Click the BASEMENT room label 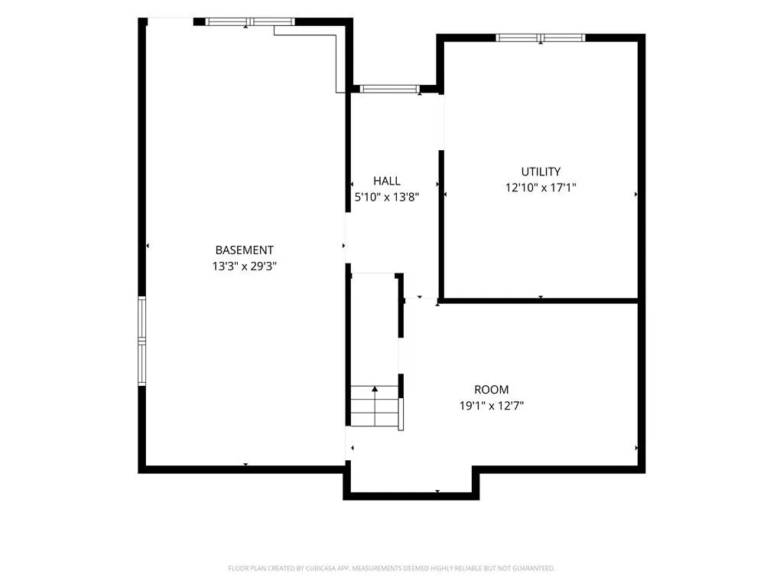[244, 250]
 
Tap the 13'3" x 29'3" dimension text [244, 266]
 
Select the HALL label [386, 181]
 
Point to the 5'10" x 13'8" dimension [386, 197]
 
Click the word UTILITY [541, 171]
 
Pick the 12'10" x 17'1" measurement [541, 188]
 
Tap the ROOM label [492, 390]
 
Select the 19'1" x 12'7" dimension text [492, 406]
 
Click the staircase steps [375, 406]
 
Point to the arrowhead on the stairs [375, 388]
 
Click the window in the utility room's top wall [541, 38]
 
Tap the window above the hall [389, 89]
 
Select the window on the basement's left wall [141, 341]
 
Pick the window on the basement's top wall [250, 21]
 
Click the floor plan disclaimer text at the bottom [391, 568]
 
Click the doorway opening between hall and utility [441, 122]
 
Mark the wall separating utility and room [541, 300]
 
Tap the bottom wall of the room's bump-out [411, 496]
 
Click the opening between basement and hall [348, 238]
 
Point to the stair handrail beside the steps [401, 414]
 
